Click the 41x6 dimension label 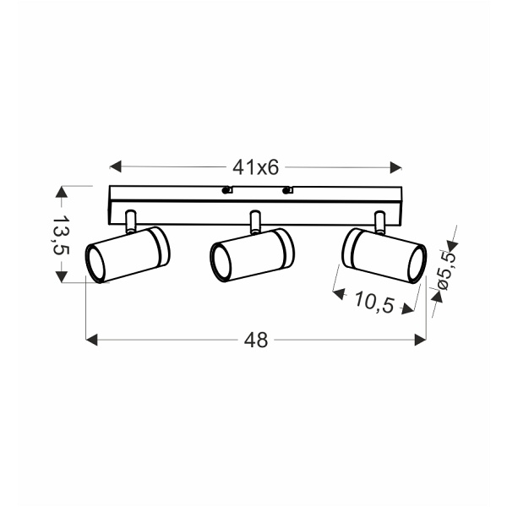point(255,167)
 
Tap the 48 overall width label point(255,340)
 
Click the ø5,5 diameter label point(446,269)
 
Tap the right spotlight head point(384,255)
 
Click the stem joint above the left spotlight point(130,221)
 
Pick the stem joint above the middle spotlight point(253,221)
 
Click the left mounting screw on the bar point(226,191)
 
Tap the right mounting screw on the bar point(287,191)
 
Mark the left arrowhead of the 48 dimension point(93,340)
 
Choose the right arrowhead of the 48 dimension point(420,340)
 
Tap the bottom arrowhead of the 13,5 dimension point(61,276)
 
